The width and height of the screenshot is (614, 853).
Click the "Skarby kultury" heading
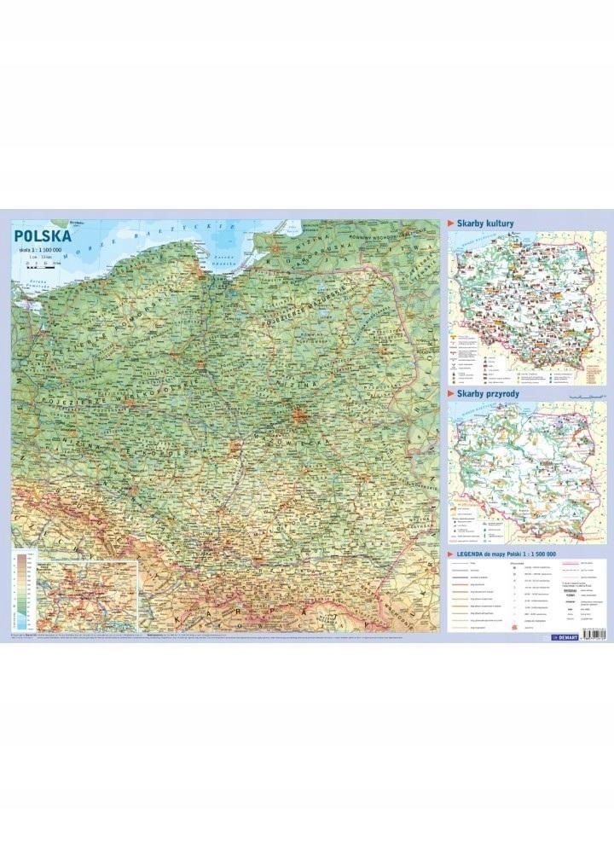(486, 223)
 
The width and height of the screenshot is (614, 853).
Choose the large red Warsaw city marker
(299, 416)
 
